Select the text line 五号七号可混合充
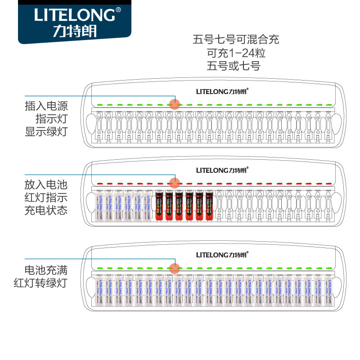236,40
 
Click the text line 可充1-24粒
236,53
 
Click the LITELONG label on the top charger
222,90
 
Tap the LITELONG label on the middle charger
222,170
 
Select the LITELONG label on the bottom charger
222,254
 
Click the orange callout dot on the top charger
174,104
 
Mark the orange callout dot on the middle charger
174,183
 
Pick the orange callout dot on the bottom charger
174,268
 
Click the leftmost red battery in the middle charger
159,206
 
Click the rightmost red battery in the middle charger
209,206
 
